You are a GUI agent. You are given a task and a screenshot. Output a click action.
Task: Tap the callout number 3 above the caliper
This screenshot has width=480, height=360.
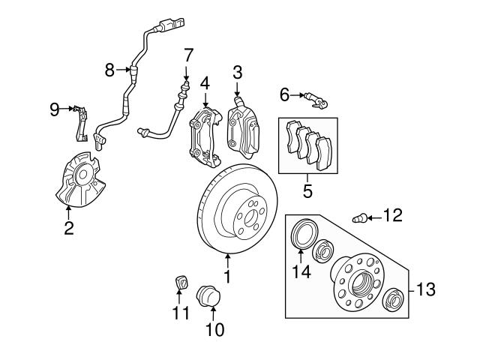point(237,73)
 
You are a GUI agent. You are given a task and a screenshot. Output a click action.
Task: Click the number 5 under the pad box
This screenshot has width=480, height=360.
point(307,190)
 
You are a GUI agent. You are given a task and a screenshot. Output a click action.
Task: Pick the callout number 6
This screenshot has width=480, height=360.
point(284,94)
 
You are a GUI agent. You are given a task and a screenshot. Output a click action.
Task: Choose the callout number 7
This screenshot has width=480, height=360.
point(188,55)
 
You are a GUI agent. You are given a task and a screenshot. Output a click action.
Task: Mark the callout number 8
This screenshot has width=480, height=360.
point(109,70)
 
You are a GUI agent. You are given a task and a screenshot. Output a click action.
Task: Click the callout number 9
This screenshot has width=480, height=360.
point(54,110)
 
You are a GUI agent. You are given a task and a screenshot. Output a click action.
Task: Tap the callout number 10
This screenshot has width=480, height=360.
point(214,328)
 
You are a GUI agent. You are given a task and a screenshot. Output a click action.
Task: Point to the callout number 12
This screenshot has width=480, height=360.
point(392,217)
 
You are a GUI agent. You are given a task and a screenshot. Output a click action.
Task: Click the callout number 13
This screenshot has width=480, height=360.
point(424,288)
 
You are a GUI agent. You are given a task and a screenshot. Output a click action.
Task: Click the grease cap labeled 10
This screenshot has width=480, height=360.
point(208,295)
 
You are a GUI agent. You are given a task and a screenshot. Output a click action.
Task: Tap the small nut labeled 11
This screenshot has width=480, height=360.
point(179,283)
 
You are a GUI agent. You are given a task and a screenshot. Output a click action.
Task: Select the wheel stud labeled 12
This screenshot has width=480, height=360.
point(359,218)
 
